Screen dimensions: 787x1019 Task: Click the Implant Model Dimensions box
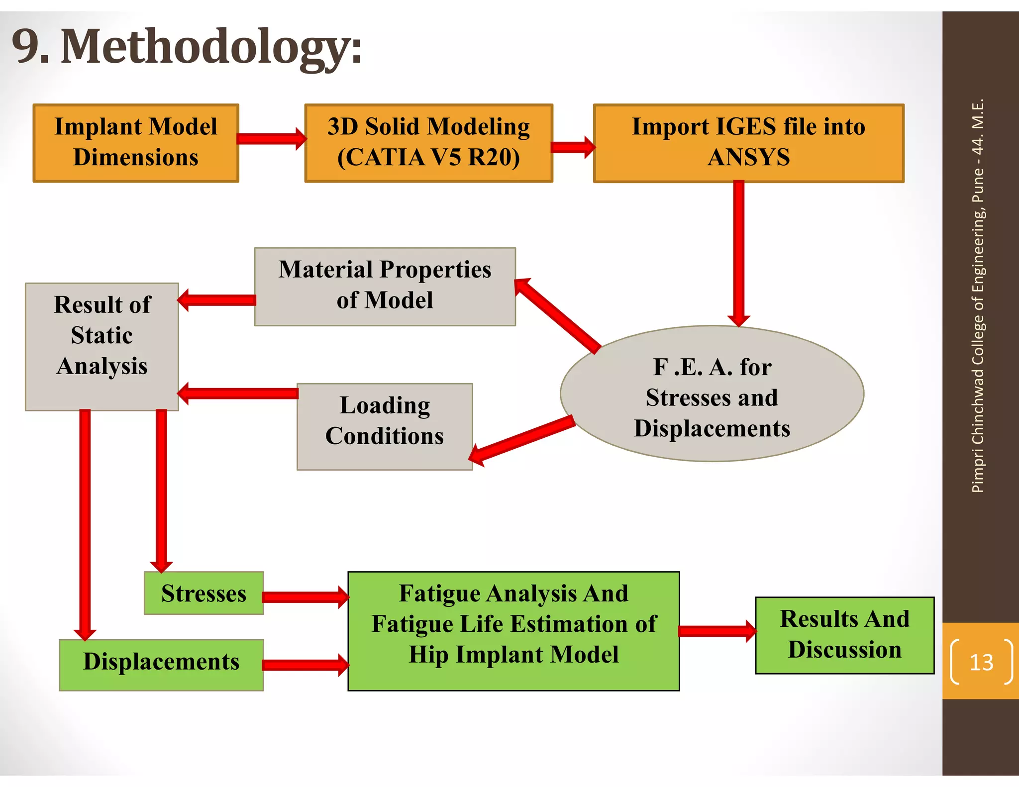135,143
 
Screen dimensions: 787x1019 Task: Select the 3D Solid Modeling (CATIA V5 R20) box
428,143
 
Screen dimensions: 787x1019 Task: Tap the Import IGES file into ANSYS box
748,143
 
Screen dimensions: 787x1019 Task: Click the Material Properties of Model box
385,286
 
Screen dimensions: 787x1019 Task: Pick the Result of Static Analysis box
102,346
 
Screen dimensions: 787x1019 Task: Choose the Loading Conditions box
385,426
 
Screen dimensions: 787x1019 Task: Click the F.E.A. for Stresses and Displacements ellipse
712,393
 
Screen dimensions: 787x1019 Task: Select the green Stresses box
204,593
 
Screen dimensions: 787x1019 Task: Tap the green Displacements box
161,665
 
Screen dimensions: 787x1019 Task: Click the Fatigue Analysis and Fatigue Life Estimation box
513,630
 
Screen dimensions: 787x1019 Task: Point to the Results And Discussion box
844,635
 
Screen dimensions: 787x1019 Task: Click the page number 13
981,662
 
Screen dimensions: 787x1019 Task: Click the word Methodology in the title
211,47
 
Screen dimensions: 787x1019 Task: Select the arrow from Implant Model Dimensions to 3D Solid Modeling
271,139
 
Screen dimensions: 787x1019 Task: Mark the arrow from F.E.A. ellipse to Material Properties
557,315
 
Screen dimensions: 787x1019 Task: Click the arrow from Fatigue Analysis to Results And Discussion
717,631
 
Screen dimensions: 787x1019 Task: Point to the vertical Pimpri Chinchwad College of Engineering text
978,296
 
